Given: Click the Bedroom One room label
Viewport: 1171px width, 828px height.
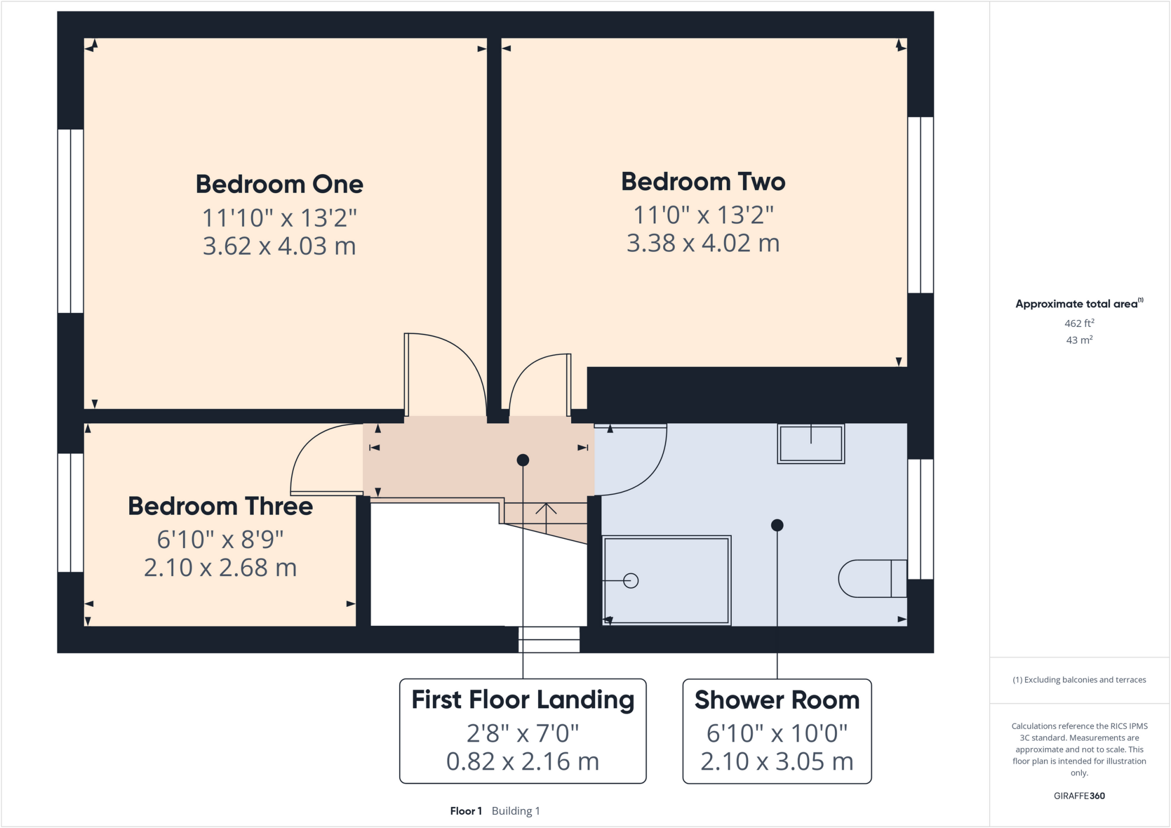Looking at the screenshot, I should (279, 184).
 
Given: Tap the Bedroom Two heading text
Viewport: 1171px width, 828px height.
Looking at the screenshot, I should (703, 182).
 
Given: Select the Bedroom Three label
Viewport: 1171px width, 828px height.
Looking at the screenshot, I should (220, 506).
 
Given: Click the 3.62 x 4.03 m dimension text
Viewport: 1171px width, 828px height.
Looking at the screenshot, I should (279, 246).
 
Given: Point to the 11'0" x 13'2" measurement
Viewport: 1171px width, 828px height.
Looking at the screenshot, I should (703, 215).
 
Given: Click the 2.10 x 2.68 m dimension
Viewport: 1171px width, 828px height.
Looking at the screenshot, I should (220, 568).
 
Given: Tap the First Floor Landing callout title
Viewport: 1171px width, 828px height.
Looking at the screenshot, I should (523, 700).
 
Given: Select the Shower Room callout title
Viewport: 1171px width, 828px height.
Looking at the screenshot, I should (776, 701).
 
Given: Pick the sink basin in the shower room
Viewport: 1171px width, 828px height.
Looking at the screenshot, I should (810, 443).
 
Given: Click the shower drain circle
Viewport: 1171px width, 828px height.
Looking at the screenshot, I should (631, 581).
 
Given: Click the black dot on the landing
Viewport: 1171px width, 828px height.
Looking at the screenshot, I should (523, 460).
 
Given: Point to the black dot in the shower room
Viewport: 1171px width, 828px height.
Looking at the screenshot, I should (776, 525).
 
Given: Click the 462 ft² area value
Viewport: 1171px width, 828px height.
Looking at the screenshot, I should (1079, 323).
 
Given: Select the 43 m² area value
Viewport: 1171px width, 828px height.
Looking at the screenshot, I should (1079, 340).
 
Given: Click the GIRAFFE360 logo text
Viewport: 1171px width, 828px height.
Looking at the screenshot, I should (1079, 795).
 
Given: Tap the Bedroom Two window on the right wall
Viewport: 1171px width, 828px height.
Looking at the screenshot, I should (921, 205).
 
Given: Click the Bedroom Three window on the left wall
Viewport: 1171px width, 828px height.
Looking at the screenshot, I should (71, 513).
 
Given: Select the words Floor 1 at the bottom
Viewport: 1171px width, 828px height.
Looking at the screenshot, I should (466, 811).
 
